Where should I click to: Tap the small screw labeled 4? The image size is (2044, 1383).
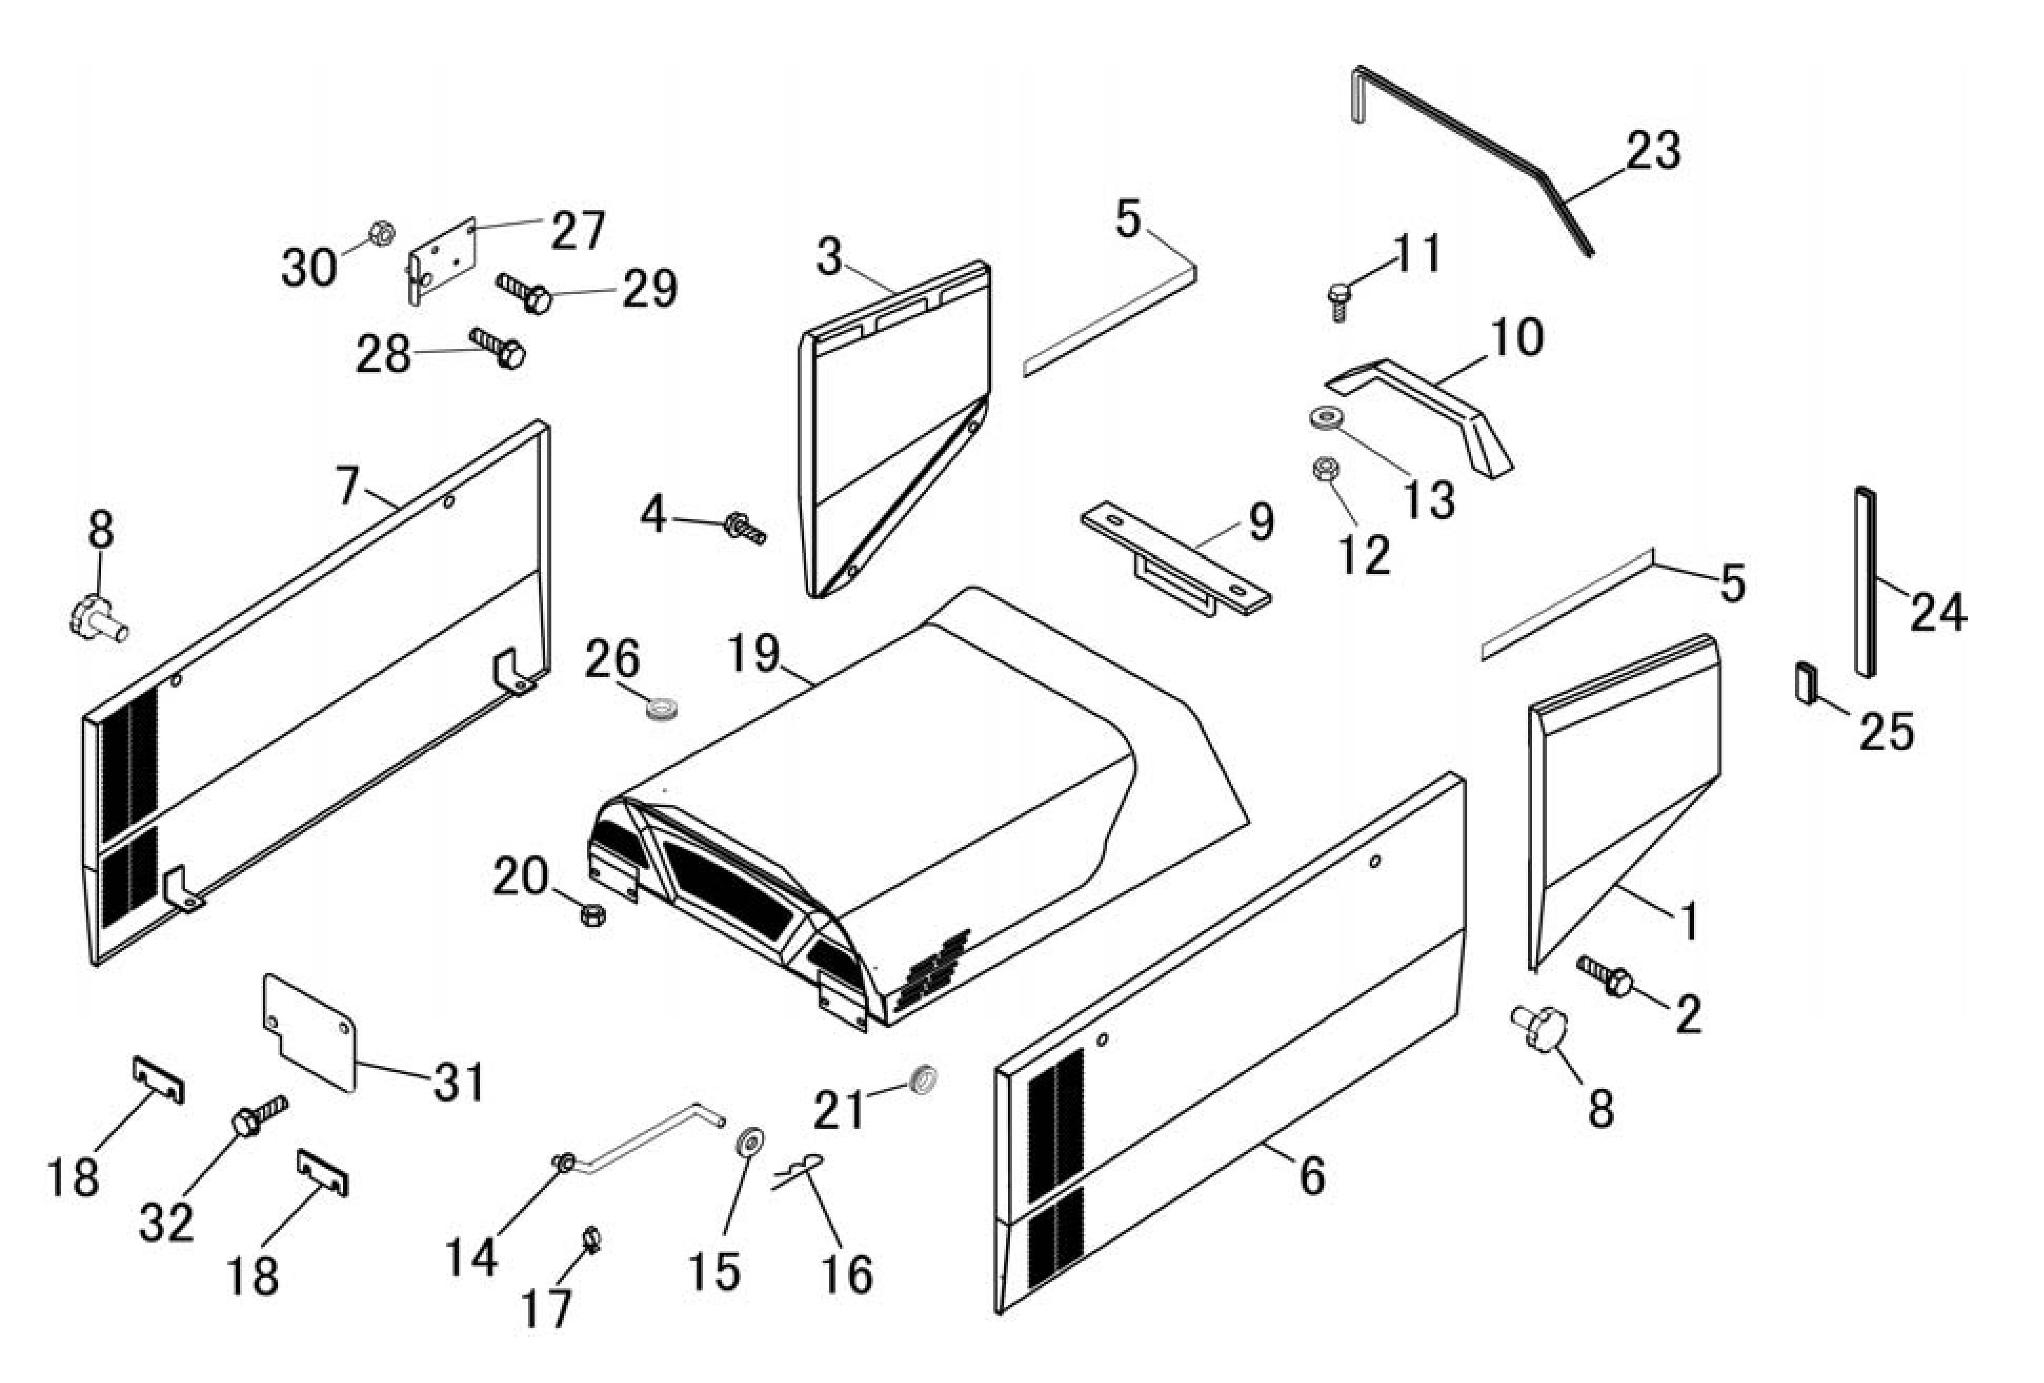pyautogui.click(x=745, y=528)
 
